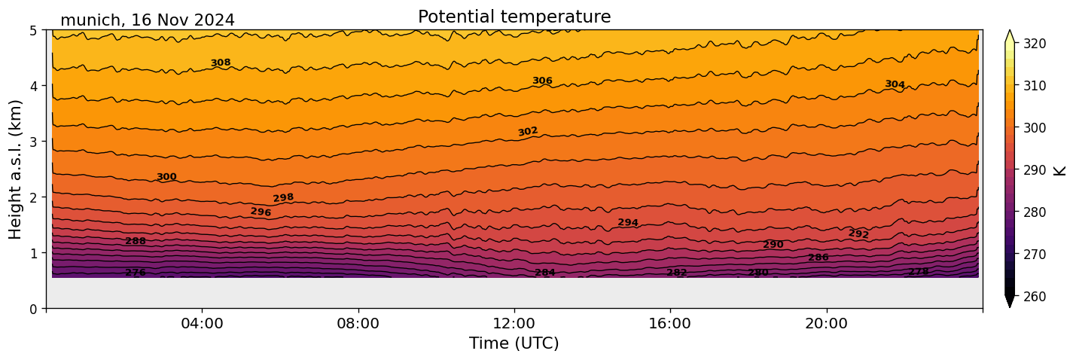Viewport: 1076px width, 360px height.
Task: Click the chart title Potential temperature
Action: coord(514,17)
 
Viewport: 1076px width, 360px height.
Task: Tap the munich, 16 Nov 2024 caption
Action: coord(148,20)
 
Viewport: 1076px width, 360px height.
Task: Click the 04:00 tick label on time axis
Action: coord(202,324)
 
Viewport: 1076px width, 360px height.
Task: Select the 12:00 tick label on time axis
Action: coord(514,324)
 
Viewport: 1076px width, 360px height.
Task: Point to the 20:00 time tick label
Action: coord(826,324)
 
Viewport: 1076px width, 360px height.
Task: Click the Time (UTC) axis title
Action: coord(514,343)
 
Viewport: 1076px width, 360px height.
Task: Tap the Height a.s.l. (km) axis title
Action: coord(16,169)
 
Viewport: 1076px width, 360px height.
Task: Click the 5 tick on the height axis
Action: coord(35,30)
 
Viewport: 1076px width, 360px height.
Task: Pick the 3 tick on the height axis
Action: coord(35,142)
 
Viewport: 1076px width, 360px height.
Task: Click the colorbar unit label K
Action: coord(1060,169)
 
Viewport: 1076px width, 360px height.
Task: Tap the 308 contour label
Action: coord(221,63)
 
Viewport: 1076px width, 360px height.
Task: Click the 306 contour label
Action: coord(542,81)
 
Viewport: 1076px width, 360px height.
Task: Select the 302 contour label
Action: coord(528,132)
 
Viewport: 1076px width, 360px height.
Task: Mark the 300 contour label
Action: coord(166,177)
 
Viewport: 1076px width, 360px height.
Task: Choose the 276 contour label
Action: coord(136,273)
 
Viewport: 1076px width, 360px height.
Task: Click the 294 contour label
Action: coord(628,222)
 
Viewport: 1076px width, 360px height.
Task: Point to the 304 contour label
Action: coord(895,84)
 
